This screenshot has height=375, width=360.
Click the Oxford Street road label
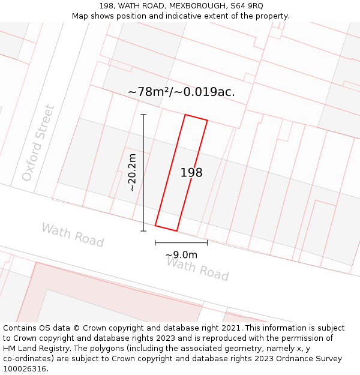(x=38, y=143)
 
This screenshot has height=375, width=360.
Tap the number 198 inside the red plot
(x=191, y=173)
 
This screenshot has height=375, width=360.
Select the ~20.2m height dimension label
(x=133, y=172)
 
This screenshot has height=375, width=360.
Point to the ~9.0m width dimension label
(x=181, y=254)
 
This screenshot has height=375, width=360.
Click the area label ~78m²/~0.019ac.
(x=181, y=92)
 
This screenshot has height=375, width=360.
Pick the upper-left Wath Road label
(x=73, y=235)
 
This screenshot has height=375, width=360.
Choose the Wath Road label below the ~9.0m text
(x=197, y=269)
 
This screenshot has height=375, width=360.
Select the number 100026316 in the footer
(x=26, y=369)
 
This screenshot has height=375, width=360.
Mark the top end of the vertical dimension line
(x=143, y=115)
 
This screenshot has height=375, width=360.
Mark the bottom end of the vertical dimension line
(x=143, y=230)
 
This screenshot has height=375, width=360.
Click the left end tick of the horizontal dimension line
(x=155, y=242)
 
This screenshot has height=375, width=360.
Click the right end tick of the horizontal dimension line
(x=207, y=242)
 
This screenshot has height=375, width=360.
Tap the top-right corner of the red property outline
(x=207, y=121)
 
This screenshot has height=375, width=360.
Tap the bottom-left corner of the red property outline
(x=155, y=226)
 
